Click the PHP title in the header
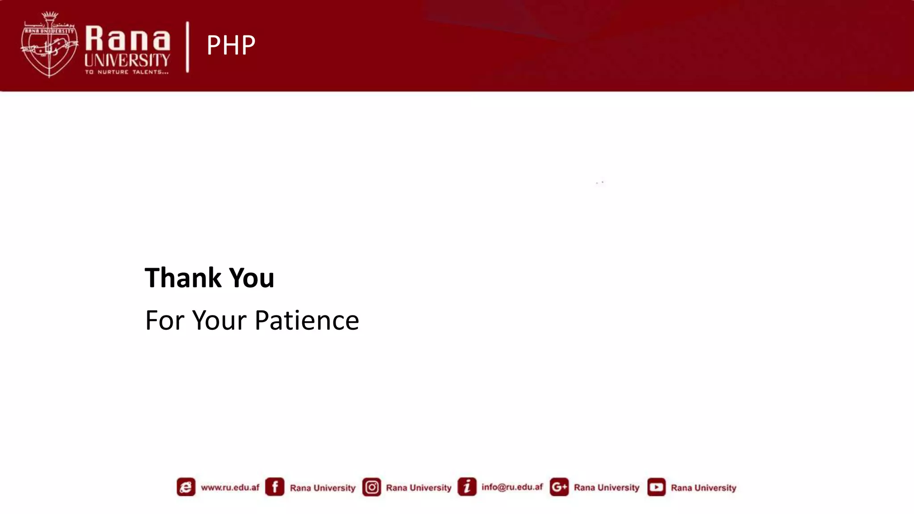231,45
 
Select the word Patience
307,320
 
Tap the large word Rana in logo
128,39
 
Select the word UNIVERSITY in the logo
127,60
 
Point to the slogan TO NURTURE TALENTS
127,72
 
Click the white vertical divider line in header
187,46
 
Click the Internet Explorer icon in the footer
186,487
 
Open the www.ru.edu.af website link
230,487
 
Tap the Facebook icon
274,487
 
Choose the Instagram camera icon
371,487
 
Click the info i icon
467,487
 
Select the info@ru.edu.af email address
512,487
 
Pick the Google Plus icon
559,487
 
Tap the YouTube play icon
656,487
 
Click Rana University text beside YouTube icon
703,488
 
